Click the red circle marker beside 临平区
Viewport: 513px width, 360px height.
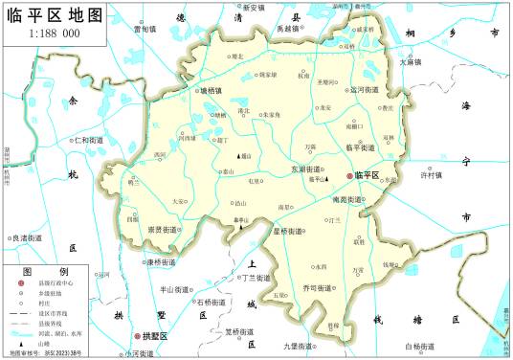[x=349, y=176]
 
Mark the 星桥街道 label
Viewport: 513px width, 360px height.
[x=288, y=231]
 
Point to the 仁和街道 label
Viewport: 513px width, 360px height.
[x=86, y=140]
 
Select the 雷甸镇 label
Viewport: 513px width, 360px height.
[x=145, y=29]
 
